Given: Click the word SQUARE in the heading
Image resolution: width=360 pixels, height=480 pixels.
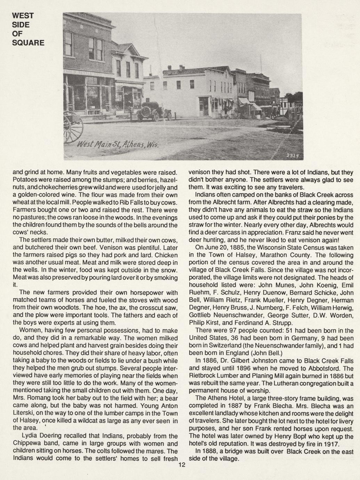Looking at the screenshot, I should coord(28,43).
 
